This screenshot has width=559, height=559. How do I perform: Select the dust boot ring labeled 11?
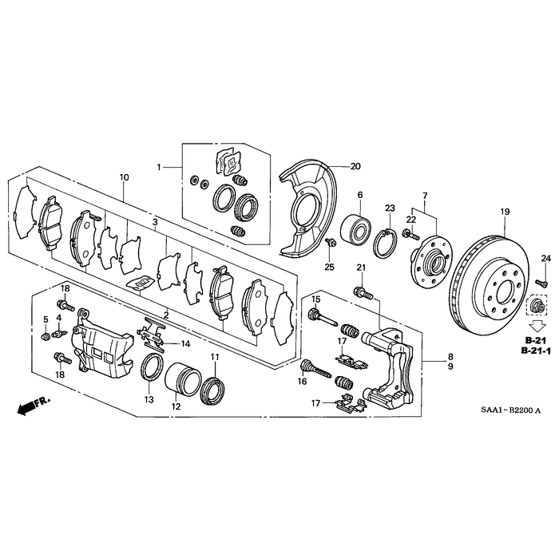(214, 387)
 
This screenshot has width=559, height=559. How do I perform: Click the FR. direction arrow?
(32, 406)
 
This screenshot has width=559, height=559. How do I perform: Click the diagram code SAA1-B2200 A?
(510, 410)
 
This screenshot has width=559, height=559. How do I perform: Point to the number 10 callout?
(124, 176)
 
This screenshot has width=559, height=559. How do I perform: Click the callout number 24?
(546, 257)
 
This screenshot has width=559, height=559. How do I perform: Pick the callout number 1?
(159, 168)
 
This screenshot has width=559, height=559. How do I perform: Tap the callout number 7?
(425, 196)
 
